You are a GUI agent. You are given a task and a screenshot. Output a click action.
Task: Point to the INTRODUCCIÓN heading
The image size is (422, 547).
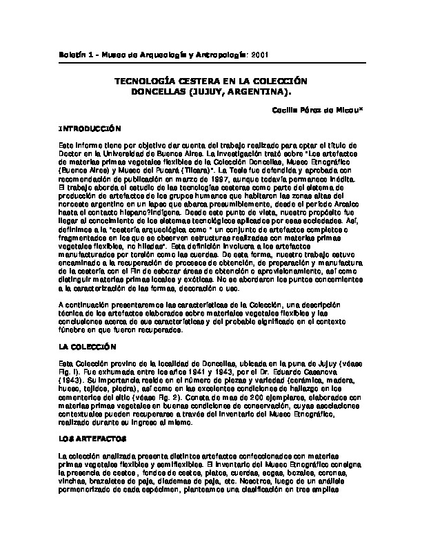pos(90,128)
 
